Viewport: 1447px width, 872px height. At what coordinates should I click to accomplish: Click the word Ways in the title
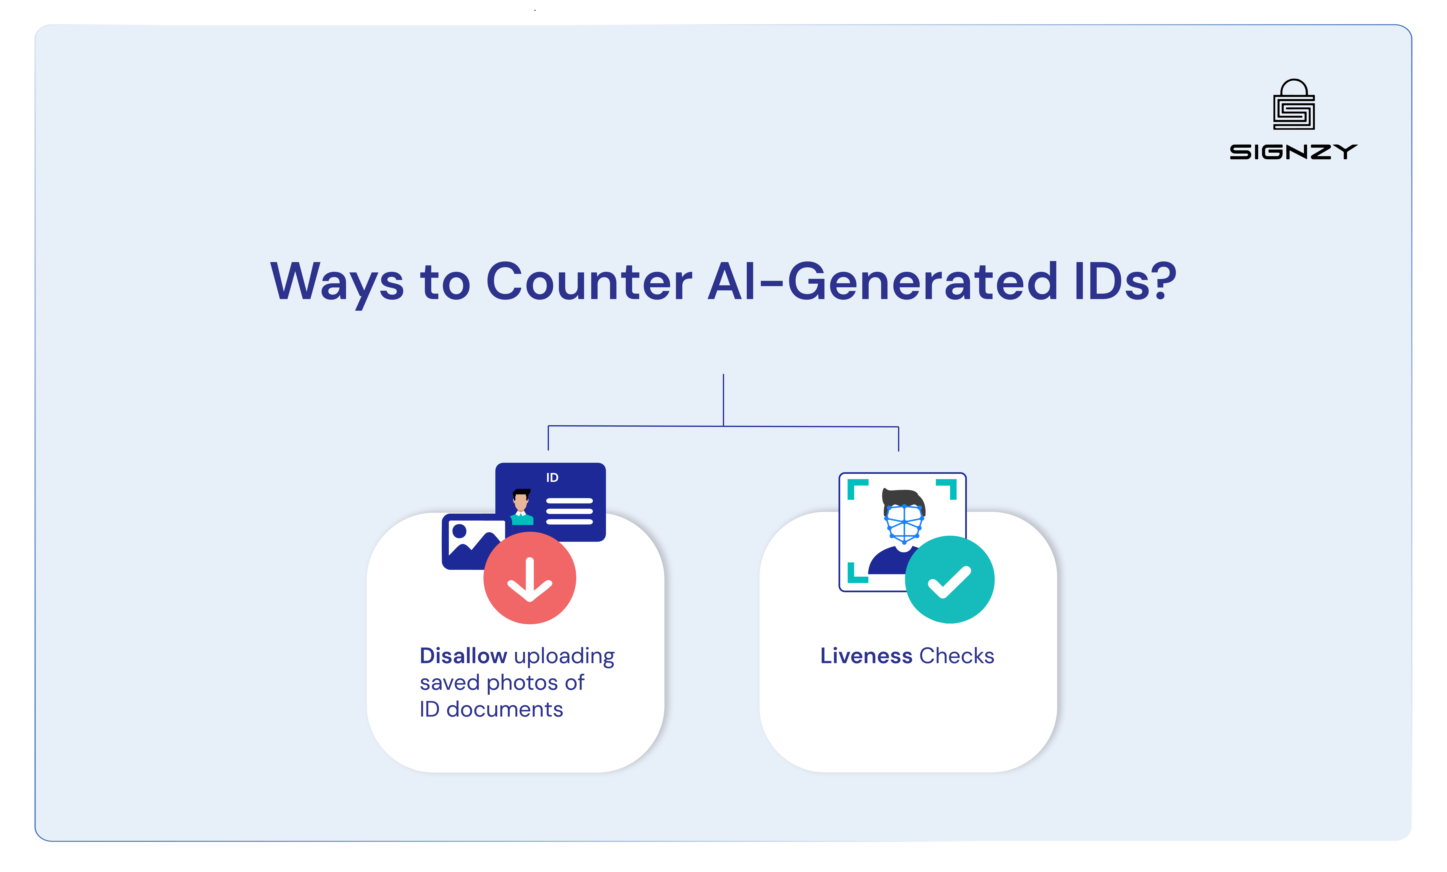336,282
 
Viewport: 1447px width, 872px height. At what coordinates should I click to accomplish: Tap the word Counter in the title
589,282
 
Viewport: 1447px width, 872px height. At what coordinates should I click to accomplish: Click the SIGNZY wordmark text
1293,152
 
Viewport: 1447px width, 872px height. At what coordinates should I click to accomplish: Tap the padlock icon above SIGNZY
1294,106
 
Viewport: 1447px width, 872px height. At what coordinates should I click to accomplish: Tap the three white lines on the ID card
569,511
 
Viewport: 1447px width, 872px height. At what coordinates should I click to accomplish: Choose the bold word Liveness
866,656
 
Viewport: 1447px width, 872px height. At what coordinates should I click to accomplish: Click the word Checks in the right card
957,656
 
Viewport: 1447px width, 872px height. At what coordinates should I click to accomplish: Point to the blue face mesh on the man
904,523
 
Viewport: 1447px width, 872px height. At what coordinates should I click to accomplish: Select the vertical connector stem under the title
723,399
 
